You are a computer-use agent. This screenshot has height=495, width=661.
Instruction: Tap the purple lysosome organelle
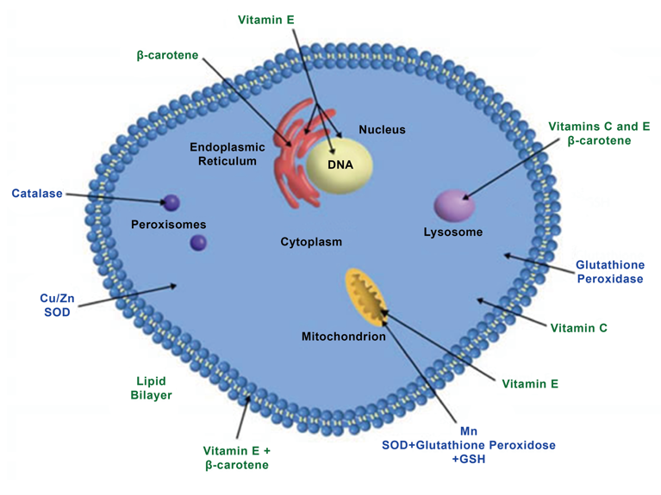(x=454, y=206)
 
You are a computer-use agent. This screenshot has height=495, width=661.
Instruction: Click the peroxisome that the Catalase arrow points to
(x=171, y=203)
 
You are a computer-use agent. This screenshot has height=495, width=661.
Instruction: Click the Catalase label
(x=37, y=194)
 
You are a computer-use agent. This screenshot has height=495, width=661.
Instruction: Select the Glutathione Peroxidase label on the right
(x=608, y=271)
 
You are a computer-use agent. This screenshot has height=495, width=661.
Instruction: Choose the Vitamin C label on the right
(x=578, y=328)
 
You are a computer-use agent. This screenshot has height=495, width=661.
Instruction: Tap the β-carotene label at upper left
(x=167, y=55)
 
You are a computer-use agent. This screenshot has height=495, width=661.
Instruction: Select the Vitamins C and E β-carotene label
(x=598, y=133)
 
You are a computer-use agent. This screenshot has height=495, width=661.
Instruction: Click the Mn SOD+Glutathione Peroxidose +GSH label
(x=469, y=445)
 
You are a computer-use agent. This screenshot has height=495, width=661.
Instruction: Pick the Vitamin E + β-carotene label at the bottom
(x=237, y=457)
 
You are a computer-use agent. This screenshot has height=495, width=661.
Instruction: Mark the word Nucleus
(x=382, y=130)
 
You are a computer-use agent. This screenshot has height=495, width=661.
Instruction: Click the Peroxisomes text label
(x=169, y=225)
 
